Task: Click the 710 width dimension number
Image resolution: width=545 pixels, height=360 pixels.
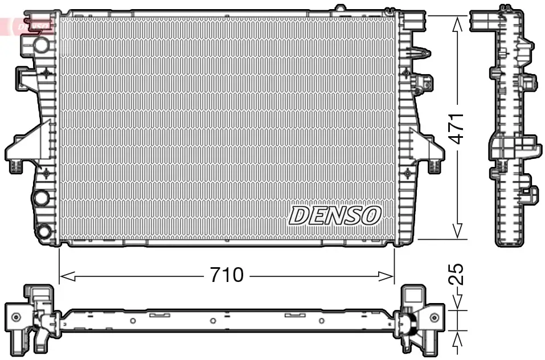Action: (x=227, y=276)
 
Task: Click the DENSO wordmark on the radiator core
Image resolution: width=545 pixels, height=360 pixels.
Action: (x=335, y=215)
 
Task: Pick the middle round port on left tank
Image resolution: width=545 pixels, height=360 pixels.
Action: (x=42, y=198)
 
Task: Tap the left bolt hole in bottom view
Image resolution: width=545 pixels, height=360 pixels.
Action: (x=15, y=317)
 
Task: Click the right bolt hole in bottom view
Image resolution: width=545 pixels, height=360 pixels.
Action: (x=434, y=317)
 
